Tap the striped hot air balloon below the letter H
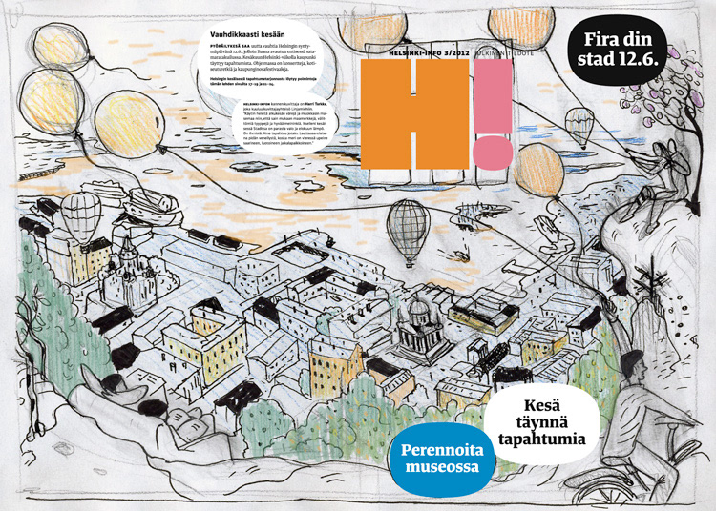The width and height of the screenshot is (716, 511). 407,232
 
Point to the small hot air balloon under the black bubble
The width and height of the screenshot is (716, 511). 579,125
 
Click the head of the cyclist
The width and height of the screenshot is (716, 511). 631,364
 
